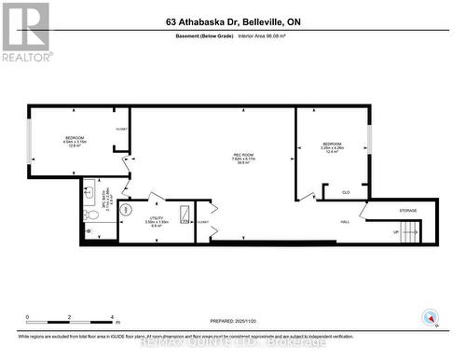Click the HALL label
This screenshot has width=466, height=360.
click(345, 221)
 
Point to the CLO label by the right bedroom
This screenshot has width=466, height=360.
click(345, 192)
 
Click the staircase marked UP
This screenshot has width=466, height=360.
click(408, 232)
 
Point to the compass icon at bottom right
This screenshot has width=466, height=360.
click(430, 317)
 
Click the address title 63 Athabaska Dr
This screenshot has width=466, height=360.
click(232, 21)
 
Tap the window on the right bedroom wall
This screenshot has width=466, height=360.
click(369, 139)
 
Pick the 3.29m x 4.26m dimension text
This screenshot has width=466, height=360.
click(333, 147)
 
